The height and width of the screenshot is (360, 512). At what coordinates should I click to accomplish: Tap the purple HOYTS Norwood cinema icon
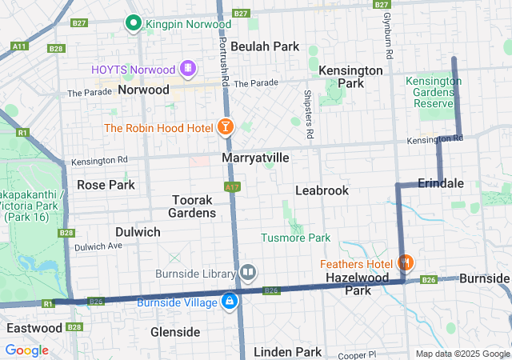(188, 69)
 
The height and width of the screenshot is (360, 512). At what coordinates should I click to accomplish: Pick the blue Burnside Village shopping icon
(230, 302)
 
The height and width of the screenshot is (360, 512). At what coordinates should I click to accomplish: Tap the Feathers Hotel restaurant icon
(406, 263)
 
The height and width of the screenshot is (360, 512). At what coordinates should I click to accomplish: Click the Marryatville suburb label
(255, 158)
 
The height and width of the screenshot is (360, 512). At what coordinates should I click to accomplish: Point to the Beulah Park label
(265, 46)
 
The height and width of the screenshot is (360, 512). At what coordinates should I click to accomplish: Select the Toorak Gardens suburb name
(192, 206)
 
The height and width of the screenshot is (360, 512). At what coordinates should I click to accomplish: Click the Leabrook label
(322, 190)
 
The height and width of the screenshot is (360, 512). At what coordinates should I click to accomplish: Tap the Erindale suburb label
(440, 183)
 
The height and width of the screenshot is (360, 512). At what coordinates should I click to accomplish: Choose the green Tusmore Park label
(295, 238)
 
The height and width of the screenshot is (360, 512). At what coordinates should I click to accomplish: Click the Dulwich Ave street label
(98, 246)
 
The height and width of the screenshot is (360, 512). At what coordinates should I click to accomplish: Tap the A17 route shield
(232, 187)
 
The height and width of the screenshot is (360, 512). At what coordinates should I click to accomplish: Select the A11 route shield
(20, 47)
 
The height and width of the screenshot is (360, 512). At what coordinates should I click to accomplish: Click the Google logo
(26, 350)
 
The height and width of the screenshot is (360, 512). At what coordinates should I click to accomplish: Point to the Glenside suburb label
(175, 332)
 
